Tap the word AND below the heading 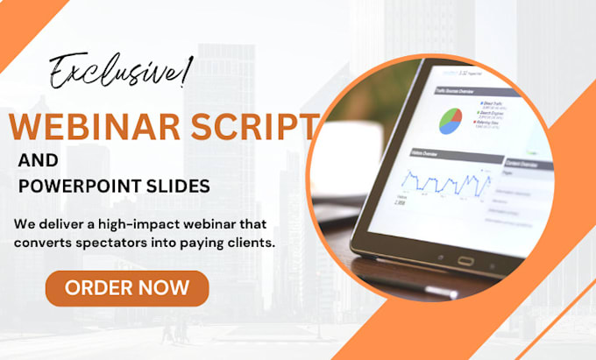point(38,161)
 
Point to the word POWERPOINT point(75,187)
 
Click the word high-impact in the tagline point(127,224)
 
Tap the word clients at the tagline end point(254,242)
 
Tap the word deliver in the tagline point(59,224)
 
